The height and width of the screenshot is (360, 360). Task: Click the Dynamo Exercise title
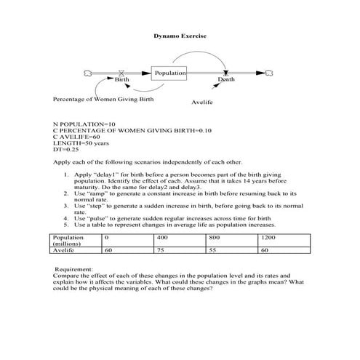[180, 36]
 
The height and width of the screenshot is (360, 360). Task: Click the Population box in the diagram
[169, 73]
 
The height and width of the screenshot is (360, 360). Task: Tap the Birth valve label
[121, 79]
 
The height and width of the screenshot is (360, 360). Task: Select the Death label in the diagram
[226, 79]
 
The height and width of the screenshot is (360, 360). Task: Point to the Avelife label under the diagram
[202, 103]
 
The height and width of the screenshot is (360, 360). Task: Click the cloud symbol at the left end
[88, 73]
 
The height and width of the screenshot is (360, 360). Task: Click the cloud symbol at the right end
[269, 73]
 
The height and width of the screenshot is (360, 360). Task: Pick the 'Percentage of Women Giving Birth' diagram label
[103, 100]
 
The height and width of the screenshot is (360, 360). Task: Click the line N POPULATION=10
[84, 124]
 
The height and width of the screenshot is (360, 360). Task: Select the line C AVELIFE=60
[76, 137]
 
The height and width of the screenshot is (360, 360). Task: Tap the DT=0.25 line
[65, 150]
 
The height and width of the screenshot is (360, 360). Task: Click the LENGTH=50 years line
[81, 143]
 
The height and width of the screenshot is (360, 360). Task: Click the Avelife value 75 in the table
[161, 250]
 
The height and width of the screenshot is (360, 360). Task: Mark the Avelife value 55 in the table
[212, 250]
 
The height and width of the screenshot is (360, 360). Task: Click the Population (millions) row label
[68, 241]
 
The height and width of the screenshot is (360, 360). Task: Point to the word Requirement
[73, 270]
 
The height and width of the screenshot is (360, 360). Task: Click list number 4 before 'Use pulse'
[66, 218]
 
